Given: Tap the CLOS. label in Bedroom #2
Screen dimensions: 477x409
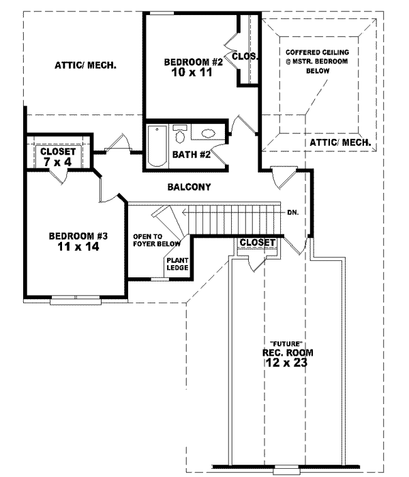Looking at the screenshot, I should click(245, 57).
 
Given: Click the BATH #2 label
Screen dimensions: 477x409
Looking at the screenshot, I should click(191, 155).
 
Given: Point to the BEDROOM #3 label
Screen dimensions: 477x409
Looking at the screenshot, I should click(79, 236).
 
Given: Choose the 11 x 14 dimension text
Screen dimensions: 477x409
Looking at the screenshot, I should click(79, 247).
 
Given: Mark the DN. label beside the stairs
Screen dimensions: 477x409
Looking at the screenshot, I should click(293, 211).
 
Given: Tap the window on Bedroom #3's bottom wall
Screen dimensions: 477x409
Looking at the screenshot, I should click(76, 297).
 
